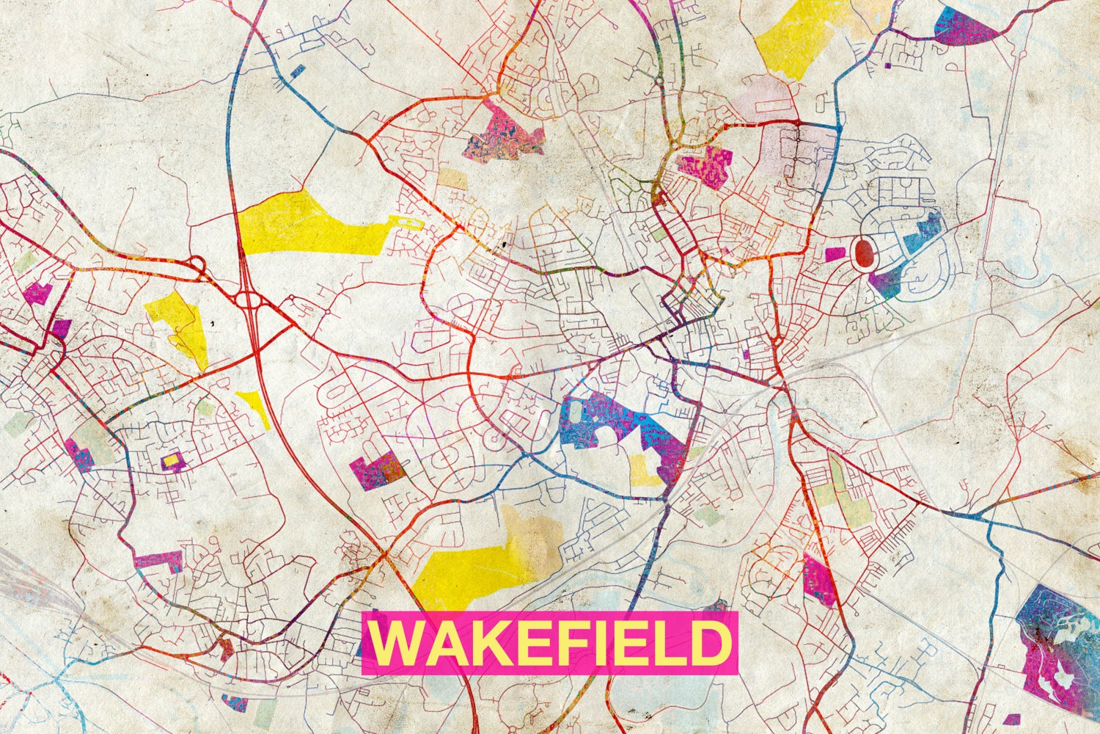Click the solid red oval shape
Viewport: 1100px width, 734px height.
coord(865,253)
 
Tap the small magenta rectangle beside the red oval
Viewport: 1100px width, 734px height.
coord(835,255)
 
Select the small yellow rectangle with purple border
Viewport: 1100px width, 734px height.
coord(171,460)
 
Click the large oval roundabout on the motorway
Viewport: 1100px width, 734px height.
coord(249,301)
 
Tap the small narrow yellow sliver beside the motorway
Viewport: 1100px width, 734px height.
coord(253,406)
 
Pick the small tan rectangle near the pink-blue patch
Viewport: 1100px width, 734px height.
coord(452,179)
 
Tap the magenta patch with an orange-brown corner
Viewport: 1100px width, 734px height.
coord(377,471)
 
